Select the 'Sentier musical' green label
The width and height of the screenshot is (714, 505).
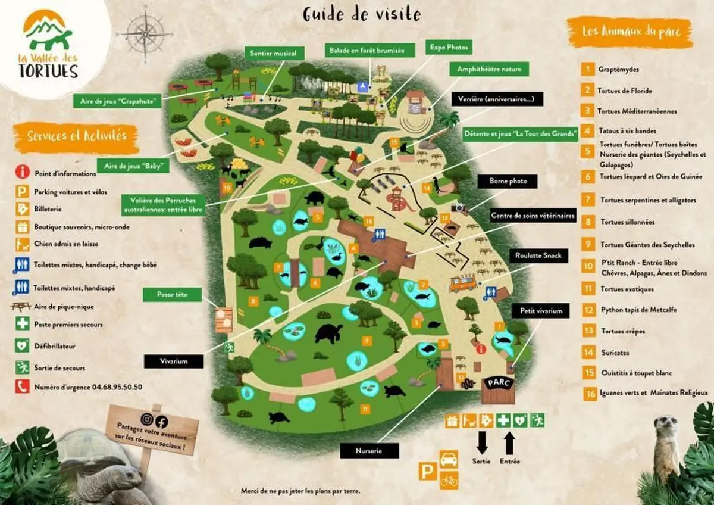coord(273,54)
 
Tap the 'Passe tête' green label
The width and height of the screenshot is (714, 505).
coord(171,294)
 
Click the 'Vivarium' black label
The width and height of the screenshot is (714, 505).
coord(174,361)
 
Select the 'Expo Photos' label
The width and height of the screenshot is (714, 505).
coord(449,46)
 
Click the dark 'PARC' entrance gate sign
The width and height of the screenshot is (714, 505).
coord(497,382)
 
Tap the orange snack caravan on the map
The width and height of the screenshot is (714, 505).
coord(462,283)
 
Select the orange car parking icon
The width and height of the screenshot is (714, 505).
coord(449,460)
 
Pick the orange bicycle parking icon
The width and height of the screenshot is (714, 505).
coord(449,479)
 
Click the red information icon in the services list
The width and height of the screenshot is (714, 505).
coord(23,172)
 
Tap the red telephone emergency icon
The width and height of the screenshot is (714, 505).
coord(23,386)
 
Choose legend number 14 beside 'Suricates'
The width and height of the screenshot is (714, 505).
coord(589,353)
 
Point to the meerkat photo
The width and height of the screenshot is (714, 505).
coord(666,447)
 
